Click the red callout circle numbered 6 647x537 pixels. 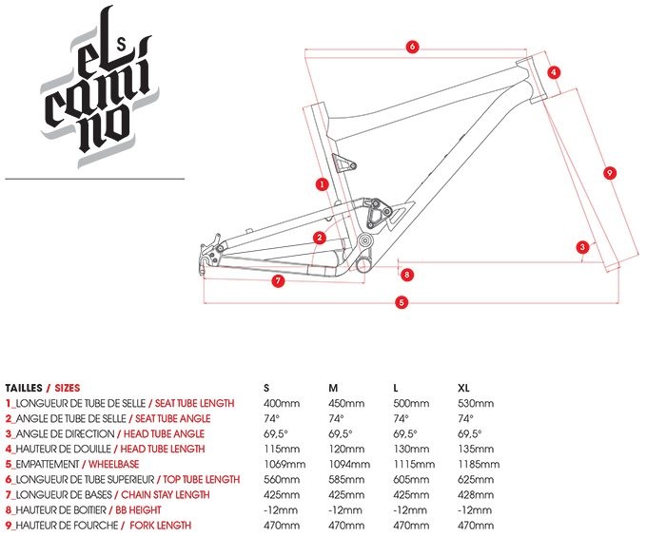click(x=412, y=46)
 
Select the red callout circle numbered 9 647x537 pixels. click(x=610, y=171)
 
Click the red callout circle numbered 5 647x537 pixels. click(x=402, y=302)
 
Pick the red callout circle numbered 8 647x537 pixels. click(x=407, y=275)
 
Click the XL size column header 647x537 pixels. click(x=464, y=388)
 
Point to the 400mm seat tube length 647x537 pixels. click(x=279, y=403)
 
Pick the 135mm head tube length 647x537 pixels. click(x=473, y=449)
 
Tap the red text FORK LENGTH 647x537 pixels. click(x=161, y=525)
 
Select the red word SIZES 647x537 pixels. click(x=66, y=388)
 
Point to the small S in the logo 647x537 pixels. click(x=121, y=40)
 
